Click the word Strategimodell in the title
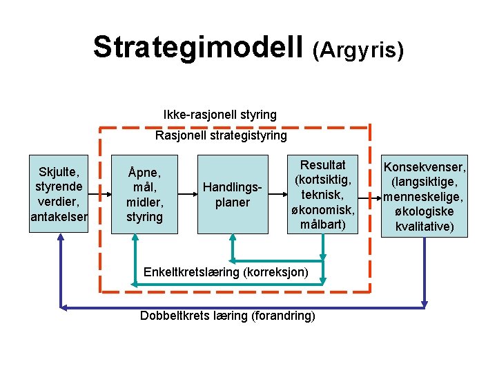coord(198,47)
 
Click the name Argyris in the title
coord(358,50)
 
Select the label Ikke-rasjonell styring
coord(220,115)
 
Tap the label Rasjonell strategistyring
coord(221,135)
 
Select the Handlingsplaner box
coord(233,194)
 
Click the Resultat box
coord(324,195)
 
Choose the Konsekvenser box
coord(424,196)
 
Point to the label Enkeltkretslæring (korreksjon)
coord(226,271)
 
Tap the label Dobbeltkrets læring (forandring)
coord(227,316)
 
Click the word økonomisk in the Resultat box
coord(324,210)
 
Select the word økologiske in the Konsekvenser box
coord(424,211)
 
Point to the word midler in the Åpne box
coord(145,202)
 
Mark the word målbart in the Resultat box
coord(324,224)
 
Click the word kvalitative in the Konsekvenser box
coord(424,226)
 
